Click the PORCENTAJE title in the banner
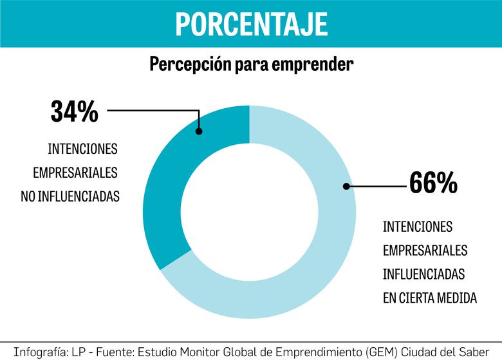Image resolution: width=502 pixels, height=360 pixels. point(251,24)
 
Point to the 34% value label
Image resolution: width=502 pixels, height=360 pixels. point(75,111)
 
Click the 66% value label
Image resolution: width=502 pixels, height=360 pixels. point(433,184)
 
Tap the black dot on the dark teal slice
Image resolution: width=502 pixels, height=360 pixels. point(199,131)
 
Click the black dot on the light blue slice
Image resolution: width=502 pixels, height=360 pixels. point(346,186)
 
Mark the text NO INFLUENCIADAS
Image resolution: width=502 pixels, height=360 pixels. point(70,197)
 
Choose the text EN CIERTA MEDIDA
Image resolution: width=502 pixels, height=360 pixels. point(429,298)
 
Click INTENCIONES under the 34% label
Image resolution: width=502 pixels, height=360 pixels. point(83,149)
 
